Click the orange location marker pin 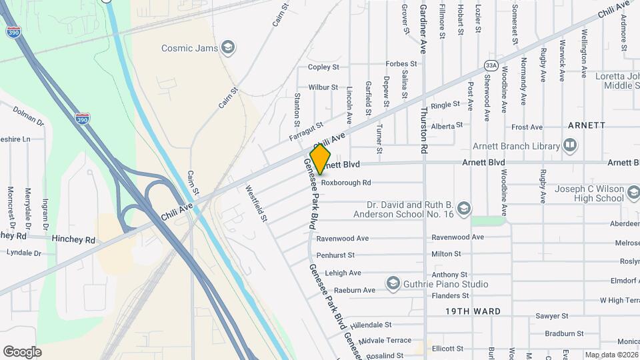point(320,159)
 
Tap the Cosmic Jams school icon point(229,47)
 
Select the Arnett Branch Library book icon point(570,145)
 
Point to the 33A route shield point(491,65)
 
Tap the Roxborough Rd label point(345,182)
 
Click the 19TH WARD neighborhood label point(473,311)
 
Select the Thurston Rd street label point(424,127)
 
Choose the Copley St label point(324,67)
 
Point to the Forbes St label point(401,64)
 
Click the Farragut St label point(306,131)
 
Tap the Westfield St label point(257,203)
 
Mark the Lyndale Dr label point(24,253)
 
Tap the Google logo point(22,352)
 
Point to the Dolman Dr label point(27,122)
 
